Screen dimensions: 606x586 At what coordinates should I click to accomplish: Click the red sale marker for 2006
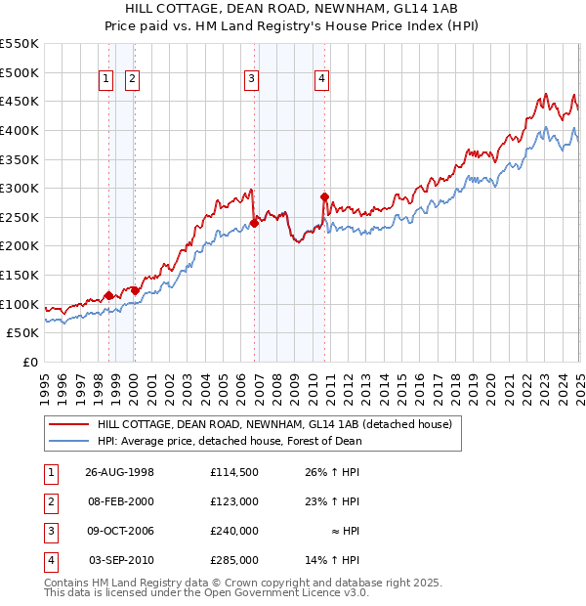click(x=254, y=223)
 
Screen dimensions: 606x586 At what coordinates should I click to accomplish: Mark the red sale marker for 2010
click(x=324, y=196)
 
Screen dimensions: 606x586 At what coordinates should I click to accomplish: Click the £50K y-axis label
click(x=23, y=332)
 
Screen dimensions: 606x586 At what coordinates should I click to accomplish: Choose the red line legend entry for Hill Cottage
click(x=273, y=425)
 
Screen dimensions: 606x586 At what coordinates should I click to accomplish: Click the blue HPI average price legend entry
click(x=230, y=441)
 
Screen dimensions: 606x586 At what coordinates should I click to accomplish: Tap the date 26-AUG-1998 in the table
click(x=120, y=471)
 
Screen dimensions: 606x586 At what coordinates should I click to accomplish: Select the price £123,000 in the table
click(x=233, y=500)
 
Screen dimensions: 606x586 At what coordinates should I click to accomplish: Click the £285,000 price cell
click(x=233, y=560)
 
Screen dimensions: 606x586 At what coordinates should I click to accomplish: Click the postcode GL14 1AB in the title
click(x=432, y=8)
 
